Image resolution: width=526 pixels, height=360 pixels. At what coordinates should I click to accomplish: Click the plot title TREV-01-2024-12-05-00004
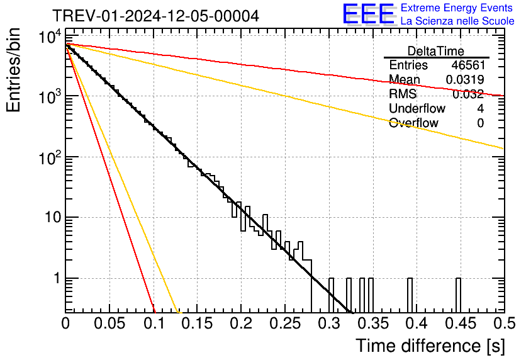155,16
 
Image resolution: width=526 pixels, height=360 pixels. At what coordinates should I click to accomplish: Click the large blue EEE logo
368,14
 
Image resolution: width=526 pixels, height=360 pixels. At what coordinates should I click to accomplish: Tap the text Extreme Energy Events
456,8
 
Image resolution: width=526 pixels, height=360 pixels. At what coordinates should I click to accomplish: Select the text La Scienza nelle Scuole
457,21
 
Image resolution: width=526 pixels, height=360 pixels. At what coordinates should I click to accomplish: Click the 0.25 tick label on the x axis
284,323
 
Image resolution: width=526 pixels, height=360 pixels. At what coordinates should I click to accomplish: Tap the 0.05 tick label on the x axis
109,323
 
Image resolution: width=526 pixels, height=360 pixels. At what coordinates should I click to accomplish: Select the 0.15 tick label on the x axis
197,323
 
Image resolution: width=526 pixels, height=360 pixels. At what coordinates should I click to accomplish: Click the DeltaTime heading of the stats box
435,51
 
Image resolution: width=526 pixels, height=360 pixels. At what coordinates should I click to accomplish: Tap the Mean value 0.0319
464,80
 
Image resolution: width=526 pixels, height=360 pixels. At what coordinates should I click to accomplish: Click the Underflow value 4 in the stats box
480,108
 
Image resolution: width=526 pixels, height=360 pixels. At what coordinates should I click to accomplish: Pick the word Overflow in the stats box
413,123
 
